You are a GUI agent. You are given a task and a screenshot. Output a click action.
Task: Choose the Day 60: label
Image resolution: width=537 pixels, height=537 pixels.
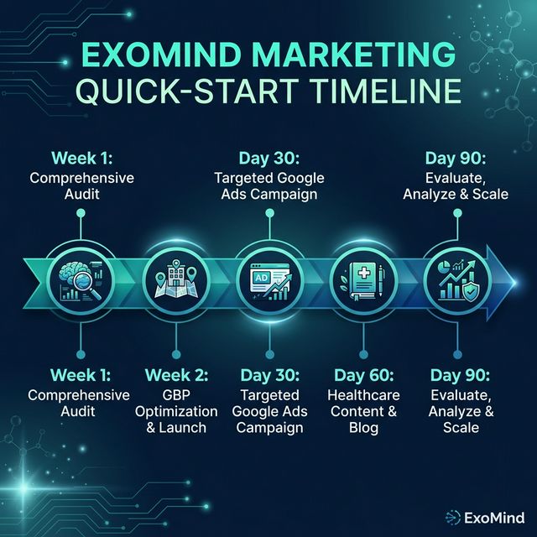pyautogui.click(x=365, y=373)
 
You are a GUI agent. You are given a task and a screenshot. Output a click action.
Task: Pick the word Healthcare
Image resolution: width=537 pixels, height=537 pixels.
pyautogui.click(x=365, y=394)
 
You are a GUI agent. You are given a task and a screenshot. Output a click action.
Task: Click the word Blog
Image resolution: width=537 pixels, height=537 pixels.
pyautogui.click(x=365, y=428)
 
